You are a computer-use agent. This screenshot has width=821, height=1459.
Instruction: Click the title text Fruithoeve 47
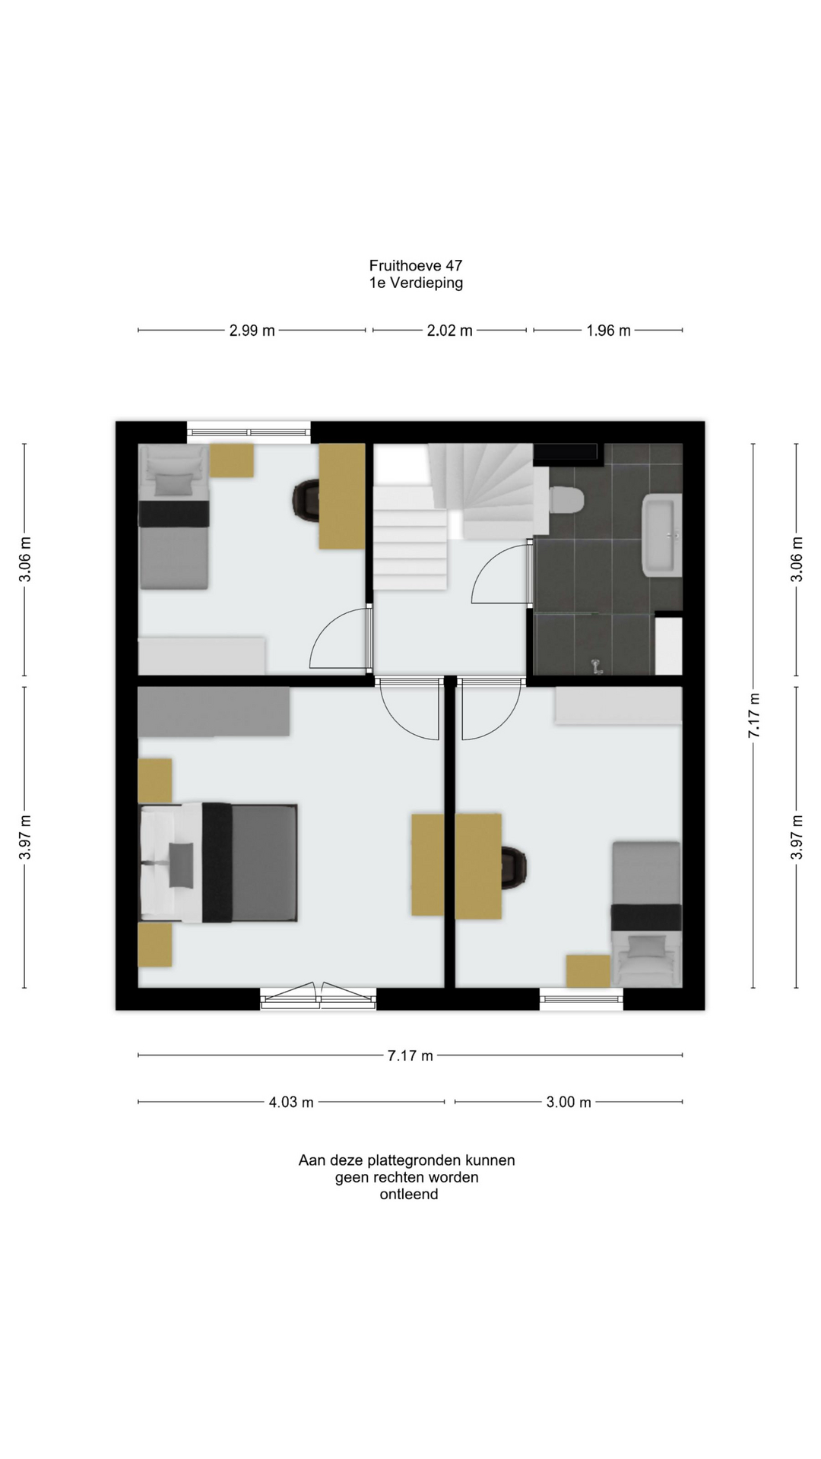pyautogui.click(x=416, y=265)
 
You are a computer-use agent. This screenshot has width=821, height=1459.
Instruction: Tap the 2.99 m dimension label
pyautogui.click(x=252, y=331)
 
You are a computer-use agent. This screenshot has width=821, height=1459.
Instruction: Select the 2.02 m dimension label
pyautogui.click(x=449, y=331)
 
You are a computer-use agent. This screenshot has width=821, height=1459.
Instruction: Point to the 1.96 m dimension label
pyautogui.click(x=608, y=331)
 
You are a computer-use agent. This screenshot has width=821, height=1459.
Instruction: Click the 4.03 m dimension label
pyautogui.click(x=291, y=1102)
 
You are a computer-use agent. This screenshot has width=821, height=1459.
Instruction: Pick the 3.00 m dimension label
pyautogui.click(x=569, y=1102)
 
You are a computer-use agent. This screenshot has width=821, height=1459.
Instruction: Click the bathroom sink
pyautogui.click(x=662, y=535)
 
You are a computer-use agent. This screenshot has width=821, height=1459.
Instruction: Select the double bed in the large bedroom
pyautogui.click(x=218, y=862)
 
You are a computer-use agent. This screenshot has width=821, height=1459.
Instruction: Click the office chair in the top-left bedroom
pyautogui.click(x=306, y=501)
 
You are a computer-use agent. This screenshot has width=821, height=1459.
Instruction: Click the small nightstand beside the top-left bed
pyautogui.click(x=232, y=460)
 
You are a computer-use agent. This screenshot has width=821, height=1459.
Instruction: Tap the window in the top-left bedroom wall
pyautogui.click(x=249, y=432)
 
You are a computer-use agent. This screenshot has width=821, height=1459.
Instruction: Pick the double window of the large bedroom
pyautogui.click(x=319, y=997)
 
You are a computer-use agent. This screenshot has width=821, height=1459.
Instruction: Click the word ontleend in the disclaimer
pyautogui.click(x=409, y=1194)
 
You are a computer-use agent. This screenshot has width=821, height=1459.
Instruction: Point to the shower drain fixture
pyautogui.click(x=596, y=667)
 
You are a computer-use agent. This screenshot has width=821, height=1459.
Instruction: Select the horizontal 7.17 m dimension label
pyautogui.click(x=410, y=1055)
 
